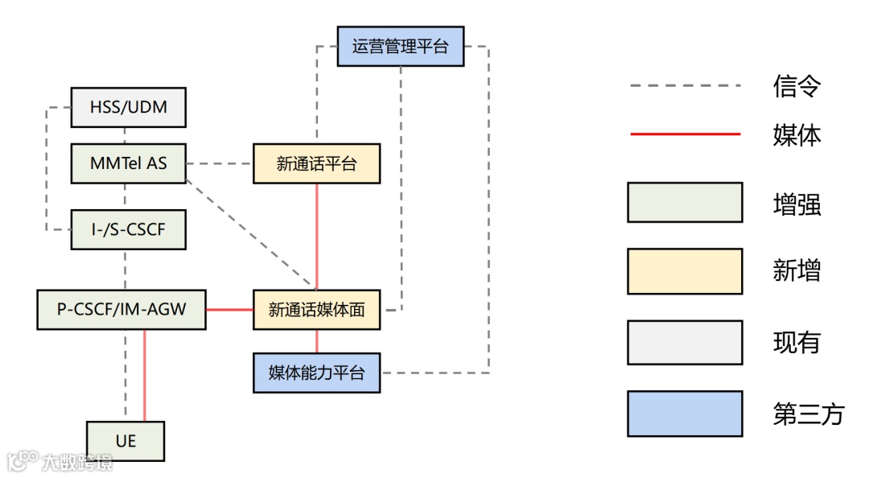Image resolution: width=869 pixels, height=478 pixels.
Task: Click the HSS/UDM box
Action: (129, 107)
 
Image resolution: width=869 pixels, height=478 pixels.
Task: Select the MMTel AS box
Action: (129, 163)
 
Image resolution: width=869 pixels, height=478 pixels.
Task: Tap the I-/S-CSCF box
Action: (129, 229)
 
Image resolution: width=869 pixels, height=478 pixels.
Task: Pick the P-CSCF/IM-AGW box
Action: (121, 310)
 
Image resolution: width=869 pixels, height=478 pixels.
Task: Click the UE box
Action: (126, 441)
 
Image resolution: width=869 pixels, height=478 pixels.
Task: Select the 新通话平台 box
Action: (316, 164)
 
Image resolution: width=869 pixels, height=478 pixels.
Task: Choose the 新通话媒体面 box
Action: (316, 310)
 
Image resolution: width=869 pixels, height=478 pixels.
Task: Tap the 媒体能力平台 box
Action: (316, 373)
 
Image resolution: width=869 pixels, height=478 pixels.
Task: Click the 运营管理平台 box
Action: (400, 46)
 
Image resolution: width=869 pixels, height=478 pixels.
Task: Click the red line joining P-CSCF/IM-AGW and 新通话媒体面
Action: (229, 310)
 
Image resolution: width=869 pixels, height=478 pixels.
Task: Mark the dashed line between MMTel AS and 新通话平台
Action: (220, 164)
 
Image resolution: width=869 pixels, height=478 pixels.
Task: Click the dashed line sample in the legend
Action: (685, 85)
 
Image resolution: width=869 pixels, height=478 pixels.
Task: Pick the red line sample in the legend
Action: (685, 134)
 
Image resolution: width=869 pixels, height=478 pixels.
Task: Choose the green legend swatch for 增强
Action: (685, 202)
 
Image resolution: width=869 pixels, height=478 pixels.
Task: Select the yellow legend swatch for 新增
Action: (685, 271)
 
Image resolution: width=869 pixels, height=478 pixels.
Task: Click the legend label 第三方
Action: (809, 414)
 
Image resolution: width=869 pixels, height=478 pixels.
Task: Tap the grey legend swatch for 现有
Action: (685, 343)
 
